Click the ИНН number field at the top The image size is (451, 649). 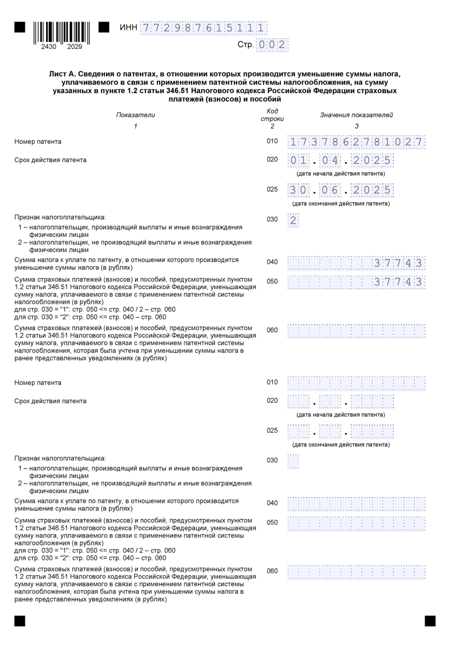(x=203, y=28)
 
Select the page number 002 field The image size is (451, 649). (x=272, y=45)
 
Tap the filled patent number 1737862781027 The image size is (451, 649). (x=356, y=142)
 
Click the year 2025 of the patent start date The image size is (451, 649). (x=372, y=161)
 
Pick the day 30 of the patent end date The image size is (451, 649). (x=298, y=190)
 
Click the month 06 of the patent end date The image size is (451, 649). (x=330, y=190)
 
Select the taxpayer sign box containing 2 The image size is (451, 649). (x=293, y=220)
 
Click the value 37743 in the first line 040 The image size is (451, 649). (x=398, y=263)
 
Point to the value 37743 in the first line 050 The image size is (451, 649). (x=398, y=282)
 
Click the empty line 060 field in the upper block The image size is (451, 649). (x=356, y=331)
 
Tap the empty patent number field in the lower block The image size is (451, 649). (x=356, y=383)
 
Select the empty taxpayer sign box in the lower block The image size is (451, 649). (x=293, y=461)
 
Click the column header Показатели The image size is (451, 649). (x=135, y=115)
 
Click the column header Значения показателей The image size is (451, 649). (x=356, y=115)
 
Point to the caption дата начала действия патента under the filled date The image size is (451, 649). (x=341, y=173)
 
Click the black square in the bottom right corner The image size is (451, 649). (x=430, y=621)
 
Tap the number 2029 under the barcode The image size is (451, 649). (x=75, y=47)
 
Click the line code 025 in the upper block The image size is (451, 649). (x=272, y=189)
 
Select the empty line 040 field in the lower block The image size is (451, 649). (x=356, y=504)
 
